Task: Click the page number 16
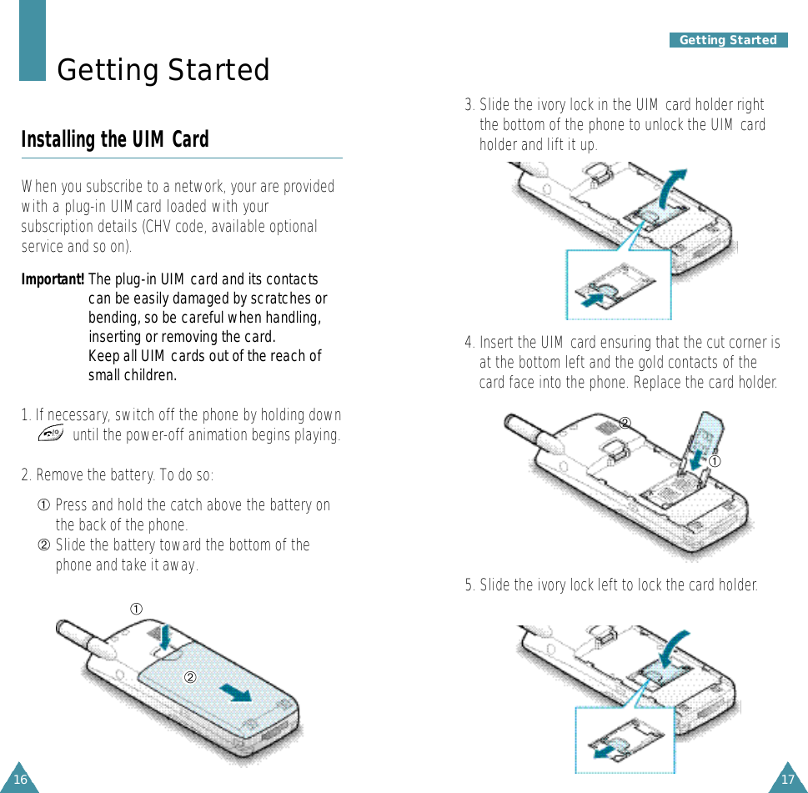(x=20, y=779)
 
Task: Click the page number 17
(x=788, y=779)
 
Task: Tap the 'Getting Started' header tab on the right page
(x=728, y=40)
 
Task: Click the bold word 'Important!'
(x=53, y=279)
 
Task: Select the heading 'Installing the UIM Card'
(x=115, y=139)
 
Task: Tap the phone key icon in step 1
(x=51, y=433)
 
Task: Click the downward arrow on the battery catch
(x=165, y=638)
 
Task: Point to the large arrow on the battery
(x=236, y=692)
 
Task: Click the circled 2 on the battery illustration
(x=190, y=677)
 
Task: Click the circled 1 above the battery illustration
(x=136, y=609)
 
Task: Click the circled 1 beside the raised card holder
(x=715, y=461)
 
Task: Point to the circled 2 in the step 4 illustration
(x=625, y=423)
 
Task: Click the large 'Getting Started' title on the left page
(x=163, y=69)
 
